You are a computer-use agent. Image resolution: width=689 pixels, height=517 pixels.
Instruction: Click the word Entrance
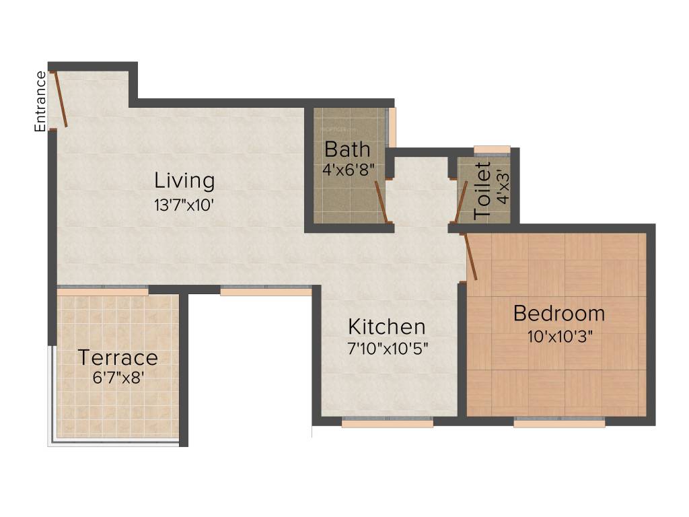[41, 101]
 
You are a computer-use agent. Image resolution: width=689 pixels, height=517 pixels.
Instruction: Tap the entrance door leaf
[61, 99]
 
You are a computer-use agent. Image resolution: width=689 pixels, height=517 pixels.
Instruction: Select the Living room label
[184, 180]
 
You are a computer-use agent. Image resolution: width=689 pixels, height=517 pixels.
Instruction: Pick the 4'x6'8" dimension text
[348, 170]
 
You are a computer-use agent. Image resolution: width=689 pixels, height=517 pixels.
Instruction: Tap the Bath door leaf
[381, 201]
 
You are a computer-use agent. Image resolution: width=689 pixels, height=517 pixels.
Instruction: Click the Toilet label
[482, 191]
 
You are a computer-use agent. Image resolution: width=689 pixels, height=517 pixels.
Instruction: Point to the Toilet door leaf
[461, 201]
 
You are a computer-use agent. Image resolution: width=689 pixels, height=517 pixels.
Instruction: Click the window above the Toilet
[492, 149]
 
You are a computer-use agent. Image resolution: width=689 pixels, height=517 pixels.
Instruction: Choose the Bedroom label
[558, 313]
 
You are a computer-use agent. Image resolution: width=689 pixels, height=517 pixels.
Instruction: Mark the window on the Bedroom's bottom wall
[559, 422]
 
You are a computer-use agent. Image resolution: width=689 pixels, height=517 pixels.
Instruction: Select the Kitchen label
[386, 326]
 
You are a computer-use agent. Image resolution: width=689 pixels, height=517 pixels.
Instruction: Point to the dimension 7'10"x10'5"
[387, 349]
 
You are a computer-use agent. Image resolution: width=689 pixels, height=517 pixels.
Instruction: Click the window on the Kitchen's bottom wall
[387, 422]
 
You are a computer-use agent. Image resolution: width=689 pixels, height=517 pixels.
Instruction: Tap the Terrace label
[118, 357]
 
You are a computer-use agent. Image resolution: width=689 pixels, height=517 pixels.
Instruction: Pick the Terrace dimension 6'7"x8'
[118, 378]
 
